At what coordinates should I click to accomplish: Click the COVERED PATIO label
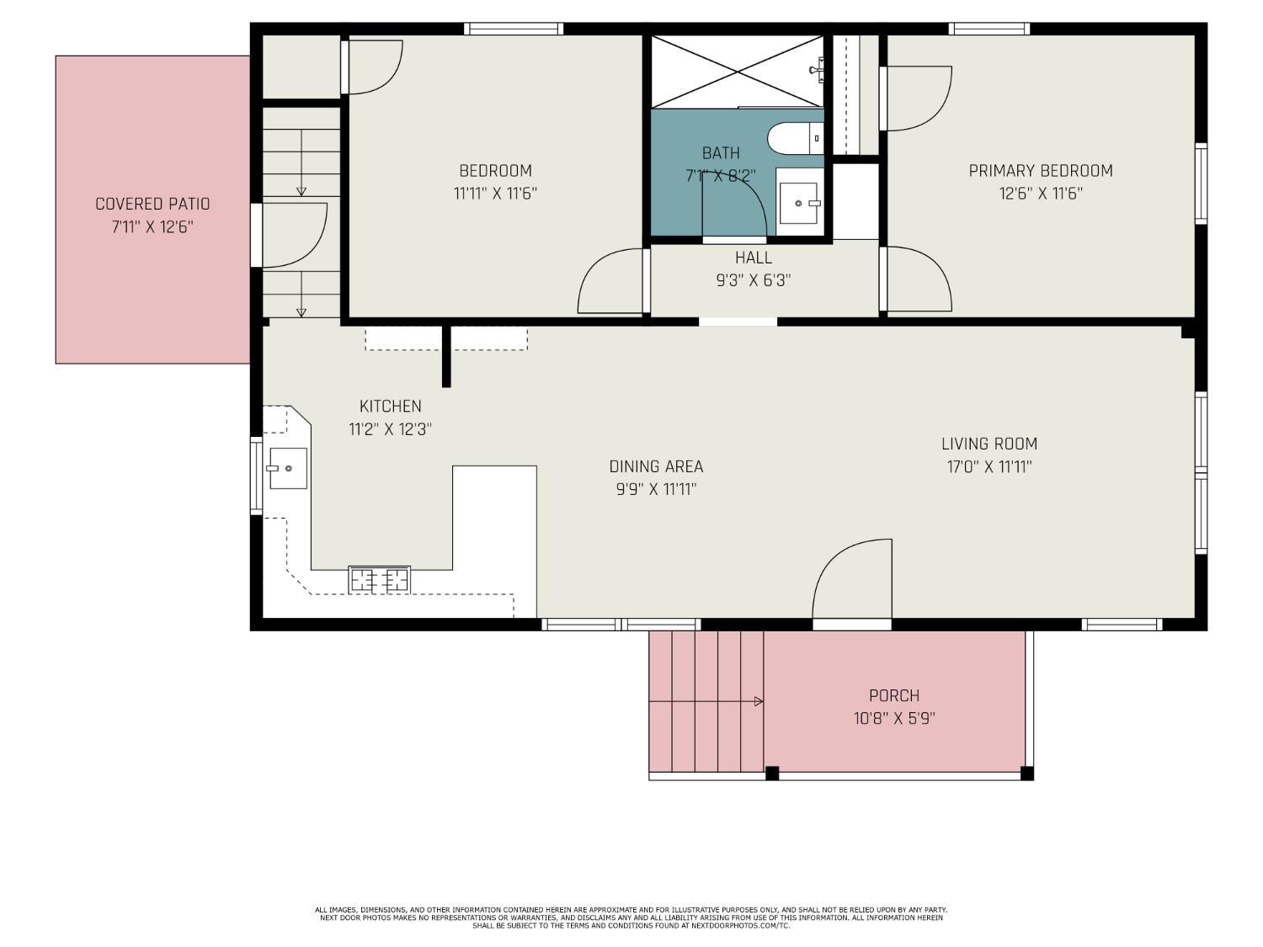point(152,204)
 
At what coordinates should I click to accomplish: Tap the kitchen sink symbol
point(287,468)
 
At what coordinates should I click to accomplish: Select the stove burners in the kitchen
point(379,579)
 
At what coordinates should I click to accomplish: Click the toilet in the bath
point(791,138)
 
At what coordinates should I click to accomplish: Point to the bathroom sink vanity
point(797,203)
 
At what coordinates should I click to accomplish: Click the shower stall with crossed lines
point(737,72)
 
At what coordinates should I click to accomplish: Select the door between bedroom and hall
point(611,282)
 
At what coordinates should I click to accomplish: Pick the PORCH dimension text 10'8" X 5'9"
point(893,718)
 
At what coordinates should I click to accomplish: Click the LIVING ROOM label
point(989,444)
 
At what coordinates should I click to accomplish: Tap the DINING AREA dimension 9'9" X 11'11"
point(655,489)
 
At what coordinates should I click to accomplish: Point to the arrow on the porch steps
point(758,701)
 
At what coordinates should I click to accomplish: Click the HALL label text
point(753,258)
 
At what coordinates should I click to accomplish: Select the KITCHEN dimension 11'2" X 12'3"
point(390,428)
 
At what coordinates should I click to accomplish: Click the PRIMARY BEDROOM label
point(1040,171)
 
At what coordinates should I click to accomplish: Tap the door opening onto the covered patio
point(294,236)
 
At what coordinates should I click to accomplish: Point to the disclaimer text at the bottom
point(631,918)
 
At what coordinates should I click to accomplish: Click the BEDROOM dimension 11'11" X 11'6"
point(495,193)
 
